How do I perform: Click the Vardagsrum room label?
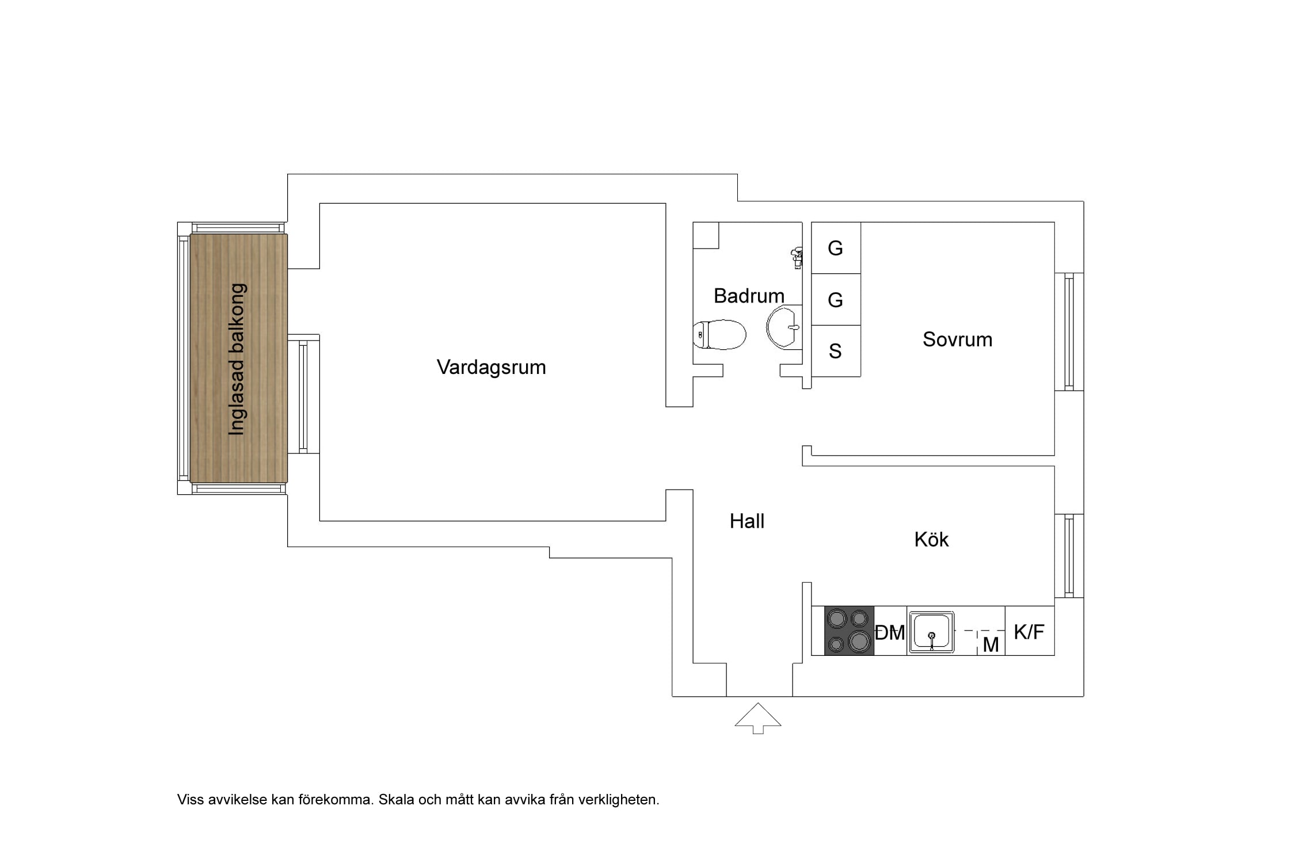coord(491,367)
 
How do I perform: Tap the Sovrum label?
coord(957,339)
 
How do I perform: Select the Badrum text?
coord(749,296)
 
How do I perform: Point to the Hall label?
coord(746,521)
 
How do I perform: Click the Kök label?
coord(931,539)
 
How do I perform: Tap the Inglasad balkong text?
coord(237,359)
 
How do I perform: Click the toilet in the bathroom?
coord(719,334)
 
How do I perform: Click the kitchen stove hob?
coord(849,631)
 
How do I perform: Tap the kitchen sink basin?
coord(931,632)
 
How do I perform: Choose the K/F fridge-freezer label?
coord(1029,632)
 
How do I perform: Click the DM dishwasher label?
coord(890,633)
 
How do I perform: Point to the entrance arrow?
coord(758,718)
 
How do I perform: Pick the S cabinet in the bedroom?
coord(836,351)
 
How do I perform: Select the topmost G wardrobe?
coord(836,248)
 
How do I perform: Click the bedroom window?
coord(1069,331)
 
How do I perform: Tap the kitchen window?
coord(1069,556)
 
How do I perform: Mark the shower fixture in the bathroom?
coord(797,257)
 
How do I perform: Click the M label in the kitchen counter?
coord(991,645)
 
